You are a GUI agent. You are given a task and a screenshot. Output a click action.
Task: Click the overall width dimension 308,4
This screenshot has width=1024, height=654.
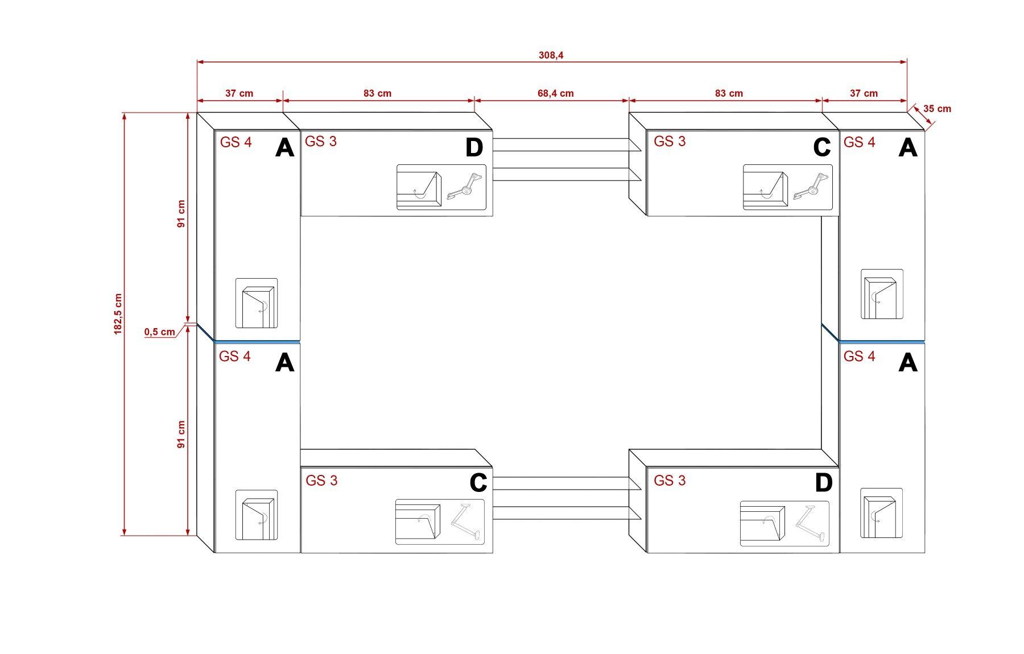551,55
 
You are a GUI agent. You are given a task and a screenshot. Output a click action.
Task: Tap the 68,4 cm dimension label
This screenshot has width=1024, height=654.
555,93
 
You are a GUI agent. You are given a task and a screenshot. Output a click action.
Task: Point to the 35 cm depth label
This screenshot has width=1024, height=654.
937,109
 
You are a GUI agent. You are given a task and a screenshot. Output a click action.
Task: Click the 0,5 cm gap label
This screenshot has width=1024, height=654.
159,332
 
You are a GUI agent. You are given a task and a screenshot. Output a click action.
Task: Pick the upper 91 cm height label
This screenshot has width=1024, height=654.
181,214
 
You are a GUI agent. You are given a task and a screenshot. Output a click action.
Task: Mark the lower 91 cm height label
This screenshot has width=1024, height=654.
181,434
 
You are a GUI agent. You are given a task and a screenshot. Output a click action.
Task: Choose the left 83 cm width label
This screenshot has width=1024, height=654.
377,93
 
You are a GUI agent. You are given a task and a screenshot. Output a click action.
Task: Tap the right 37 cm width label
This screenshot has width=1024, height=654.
864,93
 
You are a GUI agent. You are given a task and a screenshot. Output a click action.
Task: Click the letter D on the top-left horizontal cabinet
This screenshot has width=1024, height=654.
474,148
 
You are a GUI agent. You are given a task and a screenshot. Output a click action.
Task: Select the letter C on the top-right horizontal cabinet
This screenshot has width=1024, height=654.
821,148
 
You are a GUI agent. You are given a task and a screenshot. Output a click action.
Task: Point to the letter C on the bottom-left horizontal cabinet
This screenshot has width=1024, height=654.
478,483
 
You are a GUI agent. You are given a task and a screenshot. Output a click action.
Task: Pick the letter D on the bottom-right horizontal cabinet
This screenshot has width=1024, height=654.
823,483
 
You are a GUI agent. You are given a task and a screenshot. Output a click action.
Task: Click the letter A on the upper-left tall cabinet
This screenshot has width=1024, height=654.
284,148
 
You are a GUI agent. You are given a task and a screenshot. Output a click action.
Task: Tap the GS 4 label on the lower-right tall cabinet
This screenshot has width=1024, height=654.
859,357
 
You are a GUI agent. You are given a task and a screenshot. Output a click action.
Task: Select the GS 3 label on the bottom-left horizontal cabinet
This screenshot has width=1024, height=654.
321,481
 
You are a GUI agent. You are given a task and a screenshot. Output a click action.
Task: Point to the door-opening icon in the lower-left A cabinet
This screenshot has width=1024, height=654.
257,515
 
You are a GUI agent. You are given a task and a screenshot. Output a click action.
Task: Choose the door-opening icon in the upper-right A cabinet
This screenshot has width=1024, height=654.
881,294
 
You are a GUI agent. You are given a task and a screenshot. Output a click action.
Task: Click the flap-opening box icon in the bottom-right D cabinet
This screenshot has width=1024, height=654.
762,522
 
